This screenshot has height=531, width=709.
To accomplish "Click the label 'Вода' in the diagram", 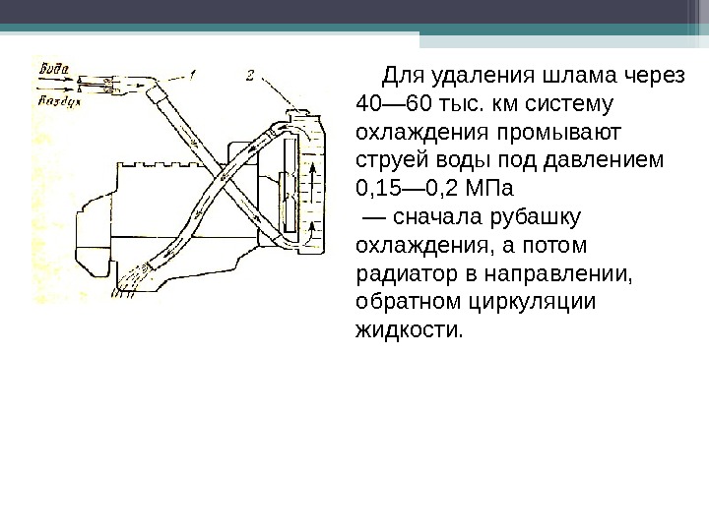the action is tap(55, 71).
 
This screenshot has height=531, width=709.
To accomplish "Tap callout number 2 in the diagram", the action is tap(252, 74).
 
